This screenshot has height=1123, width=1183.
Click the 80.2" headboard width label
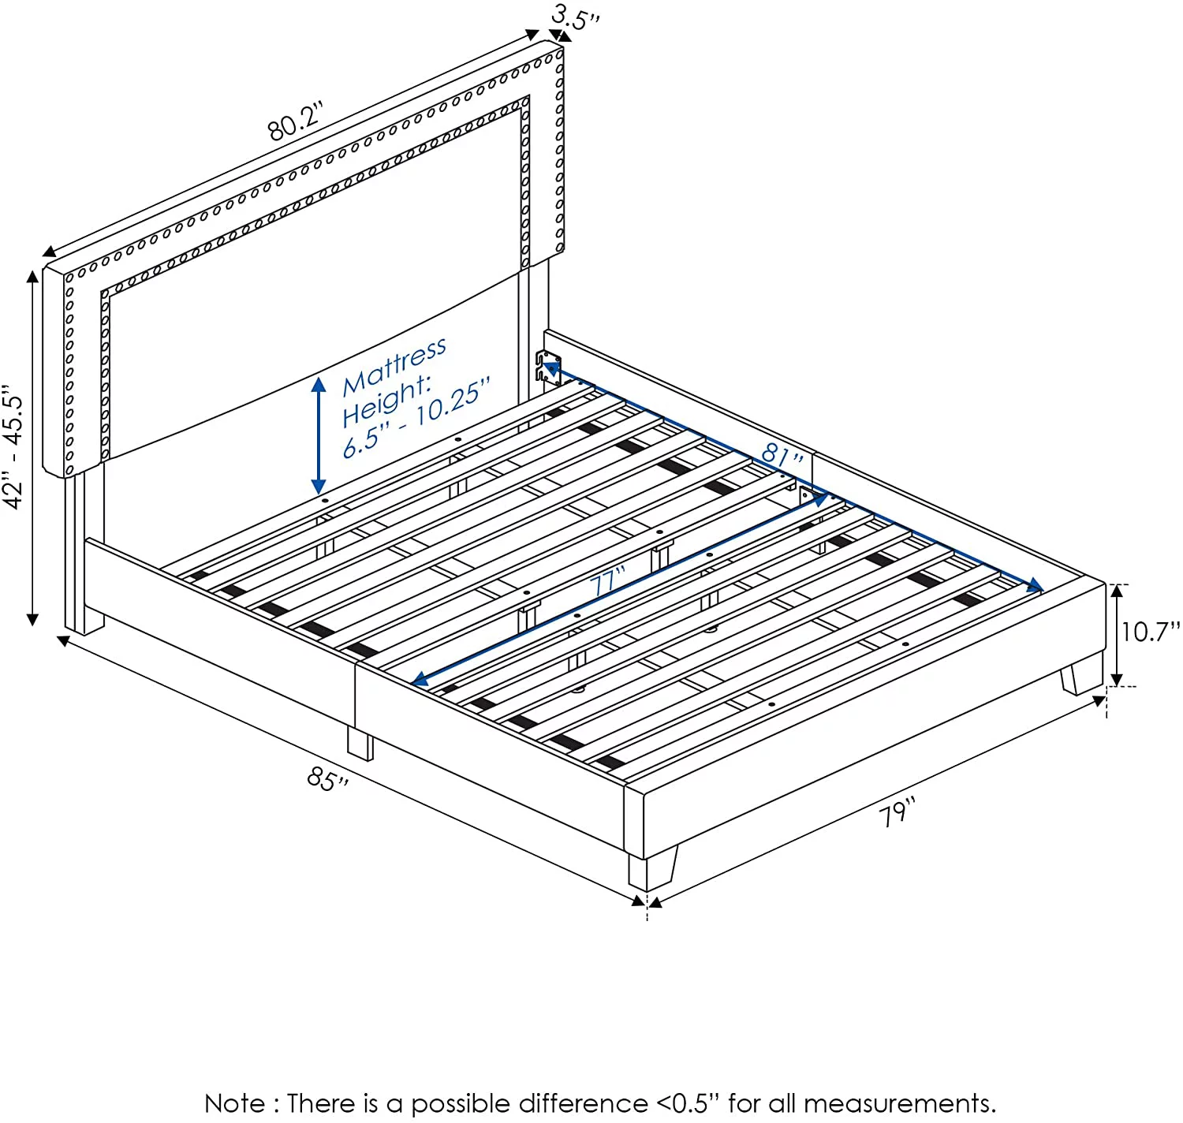(296, 121)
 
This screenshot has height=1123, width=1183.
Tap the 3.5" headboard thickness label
(576, 17)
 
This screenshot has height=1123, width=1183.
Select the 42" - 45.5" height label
(13, 446)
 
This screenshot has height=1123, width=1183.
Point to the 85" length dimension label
(327, 778)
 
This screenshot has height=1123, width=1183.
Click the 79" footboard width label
(897, 812)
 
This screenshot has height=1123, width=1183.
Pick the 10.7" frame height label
(1150, 632)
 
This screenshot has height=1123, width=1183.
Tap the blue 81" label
(782, 454)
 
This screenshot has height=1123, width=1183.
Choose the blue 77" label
(608, 580)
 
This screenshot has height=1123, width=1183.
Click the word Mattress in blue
(394, 367)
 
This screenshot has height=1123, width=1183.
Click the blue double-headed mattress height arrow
(319, 436)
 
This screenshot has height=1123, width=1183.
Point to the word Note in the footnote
(235, 1103)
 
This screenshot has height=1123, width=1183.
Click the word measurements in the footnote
(896, 1104)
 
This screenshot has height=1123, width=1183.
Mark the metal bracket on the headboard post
(548, 367)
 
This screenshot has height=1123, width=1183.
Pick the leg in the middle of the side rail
(360, 744)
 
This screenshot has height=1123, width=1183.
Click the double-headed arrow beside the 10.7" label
(1117, 636)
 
